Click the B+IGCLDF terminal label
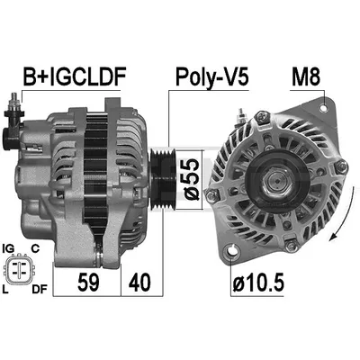coord(75,76)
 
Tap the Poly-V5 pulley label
coord(212,77)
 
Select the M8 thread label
coord(306,76)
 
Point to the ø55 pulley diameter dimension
coord(192,179)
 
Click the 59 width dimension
coord(88,283)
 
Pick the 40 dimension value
coord(139,283)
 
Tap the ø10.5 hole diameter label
coord(258,283)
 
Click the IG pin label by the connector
coord(8,248)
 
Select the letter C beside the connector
coord(35,248)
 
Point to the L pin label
coord(4,289)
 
